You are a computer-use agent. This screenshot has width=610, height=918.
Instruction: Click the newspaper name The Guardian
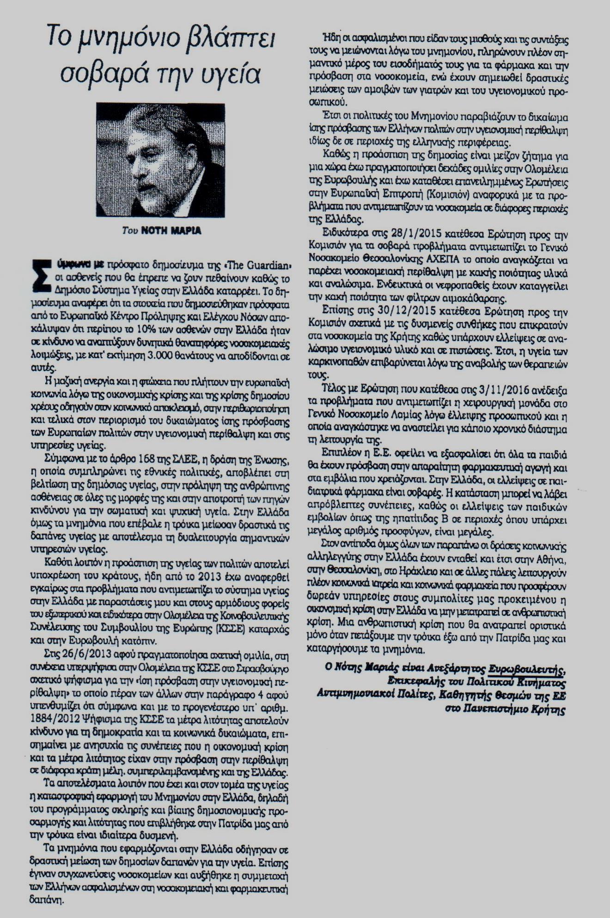[262, 265]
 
